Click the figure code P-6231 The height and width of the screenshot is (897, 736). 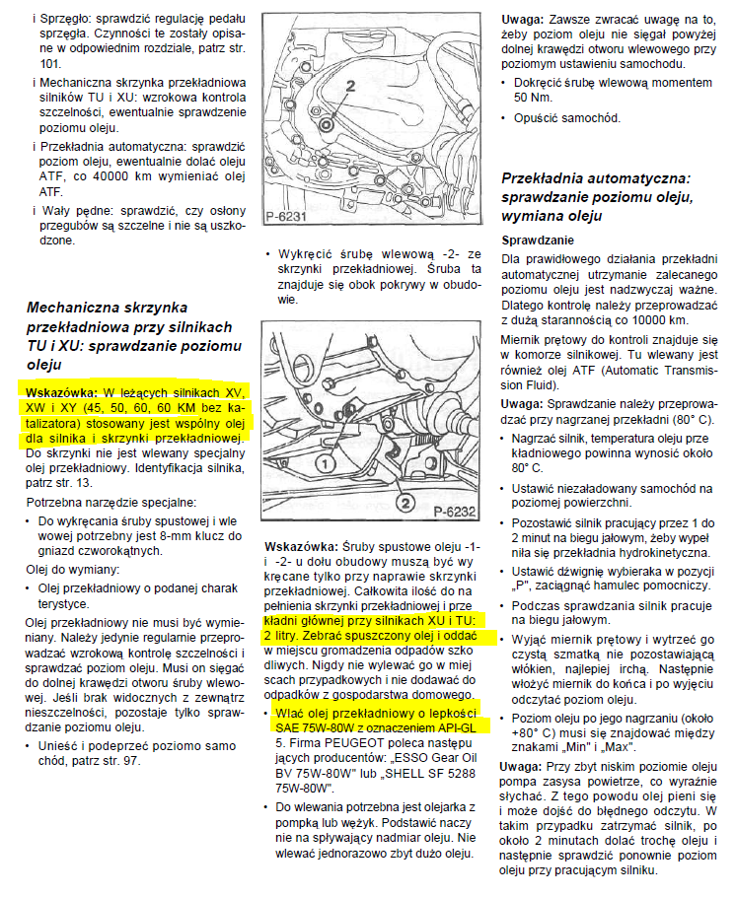coord(288,216)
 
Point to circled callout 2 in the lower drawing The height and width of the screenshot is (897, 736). coord(403,503)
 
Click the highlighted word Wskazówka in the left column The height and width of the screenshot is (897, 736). coord(58,392)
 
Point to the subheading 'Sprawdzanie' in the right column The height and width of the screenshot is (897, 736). coord(538,241)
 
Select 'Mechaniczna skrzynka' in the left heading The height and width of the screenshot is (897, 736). coord(107,308)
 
